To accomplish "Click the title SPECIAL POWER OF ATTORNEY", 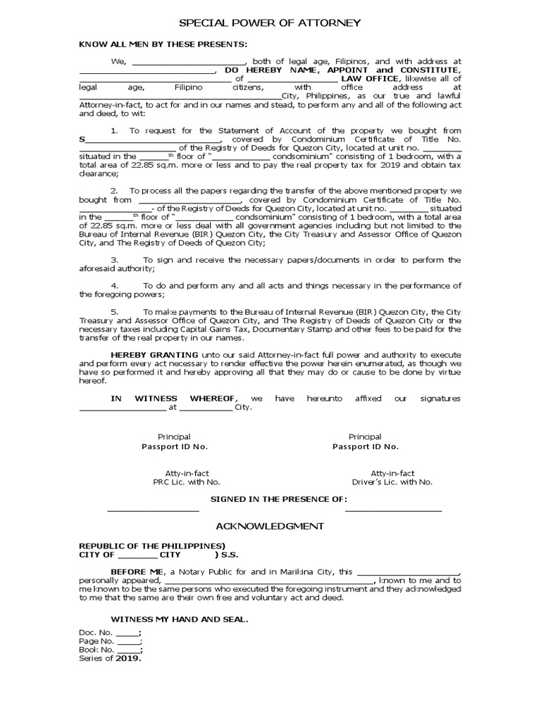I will (x=270, y=23).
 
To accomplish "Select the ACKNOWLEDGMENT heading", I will (x=270, y=526).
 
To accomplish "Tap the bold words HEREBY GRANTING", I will (x=144, y=353).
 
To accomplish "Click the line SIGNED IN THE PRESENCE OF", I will (x=279, y=499).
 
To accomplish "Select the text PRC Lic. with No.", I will (x=187, y=482).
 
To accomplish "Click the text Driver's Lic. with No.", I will (x=392, y=482).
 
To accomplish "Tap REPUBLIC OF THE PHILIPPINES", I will (x=151, y=546).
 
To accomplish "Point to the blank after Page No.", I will (x=129, y=641).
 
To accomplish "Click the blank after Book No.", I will (x=129, y=650).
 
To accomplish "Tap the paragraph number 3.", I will (x=114, y=260).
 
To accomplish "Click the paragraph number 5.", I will (x=114, y=311).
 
